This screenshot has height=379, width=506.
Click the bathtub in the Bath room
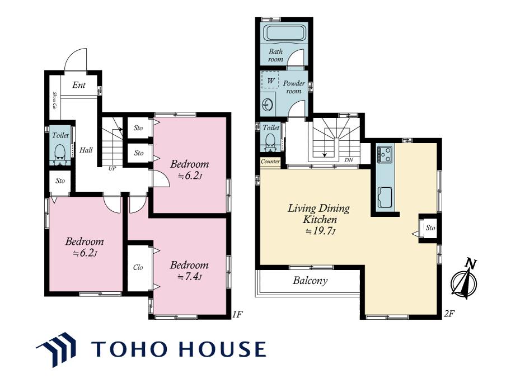(284, 33)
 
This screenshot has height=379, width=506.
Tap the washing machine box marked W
(270, 79)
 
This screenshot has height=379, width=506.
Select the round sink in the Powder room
(268, 105)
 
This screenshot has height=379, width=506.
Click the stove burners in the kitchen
(384, 154)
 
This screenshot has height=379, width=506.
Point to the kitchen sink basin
(385, 197)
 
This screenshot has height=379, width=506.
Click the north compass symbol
(465, 279)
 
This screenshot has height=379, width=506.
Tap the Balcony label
(310, 281)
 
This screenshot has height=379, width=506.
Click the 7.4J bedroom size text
(190, 277)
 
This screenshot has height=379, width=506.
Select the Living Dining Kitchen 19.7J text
(319, 219)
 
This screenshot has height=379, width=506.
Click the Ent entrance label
(79, 85)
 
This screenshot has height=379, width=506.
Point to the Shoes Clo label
(55, 100)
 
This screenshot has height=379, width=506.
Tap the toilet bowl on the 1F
(60, 154)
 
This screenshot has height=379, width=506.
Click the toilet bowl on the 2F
(270, 142)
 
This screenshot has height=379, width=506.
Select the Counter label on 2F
(270, 162)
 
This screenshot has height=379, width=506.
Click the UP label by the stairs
(112, 168)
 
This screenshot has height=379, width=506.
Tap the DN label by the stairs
(349, 160)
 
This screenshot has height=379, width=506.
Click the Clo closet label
(138, 267)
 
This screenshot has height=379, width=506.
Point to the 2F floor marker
(449, 314)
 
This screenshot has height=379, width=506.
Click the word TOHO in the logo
(129, 349)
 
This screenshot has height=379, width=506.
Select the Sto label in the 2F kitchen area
(430, 228)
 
